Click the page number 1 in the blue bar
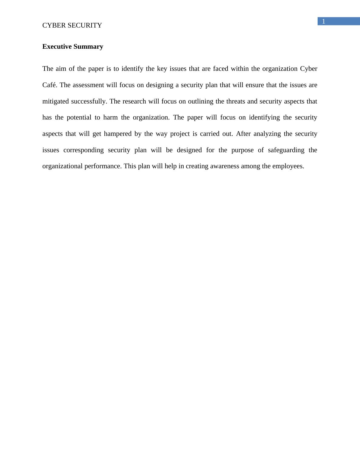point(323,21)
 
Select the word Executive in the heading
point(57,47)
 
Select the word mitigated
point(56,101)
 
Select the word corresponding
point(83,150)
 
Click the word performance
point(103,166)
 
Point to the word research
point(134,101)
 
